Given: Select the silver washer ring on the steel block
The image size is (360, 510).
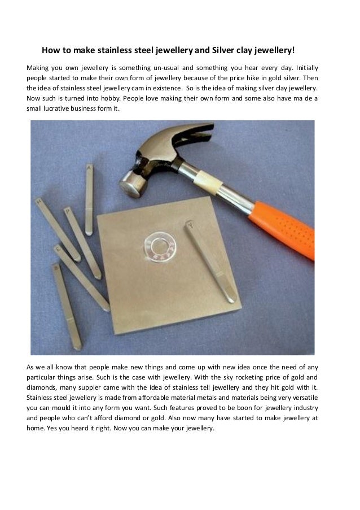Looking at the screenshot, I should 162,247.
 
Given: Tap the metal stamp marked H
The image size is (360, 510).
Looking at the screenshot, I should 56,229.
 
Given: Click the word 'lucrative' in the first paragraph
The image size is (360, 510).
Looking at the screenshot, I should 59,108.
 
